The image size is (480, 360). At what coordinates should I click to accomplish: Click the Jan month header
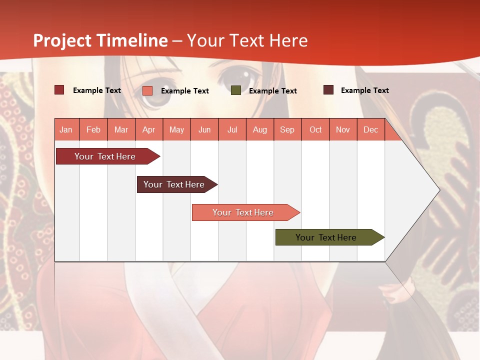[66, 130]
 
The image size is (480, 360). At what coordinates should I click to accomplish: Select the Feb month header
[93, 130]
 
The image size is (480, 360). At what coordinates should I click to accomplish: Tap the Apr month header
[148, 130]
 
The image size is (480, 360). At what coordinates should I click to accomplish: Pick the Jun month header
[204, 130]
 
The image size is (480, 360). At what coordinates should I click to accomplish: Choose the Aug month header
[259, 130]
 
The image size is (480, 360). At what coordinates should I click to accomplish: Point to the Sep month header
[287, 130]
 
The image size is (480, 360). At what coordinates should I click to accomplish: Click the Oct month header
[315, 130]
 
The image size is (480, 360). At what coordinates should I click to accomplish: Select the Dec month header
[370, 130]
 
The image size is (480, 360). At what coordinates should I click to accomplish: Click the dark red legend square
[59, 90]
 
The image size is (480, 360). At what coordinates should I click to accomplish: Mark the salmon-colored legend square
[147, 90]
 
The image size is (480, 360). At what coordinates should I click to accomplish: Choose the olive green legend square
[236, 90]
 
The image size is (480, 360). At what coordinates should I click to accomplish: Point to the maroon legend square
[328, 90]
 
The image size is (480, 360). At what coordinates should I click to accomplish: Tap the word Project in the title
[62, 40]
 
